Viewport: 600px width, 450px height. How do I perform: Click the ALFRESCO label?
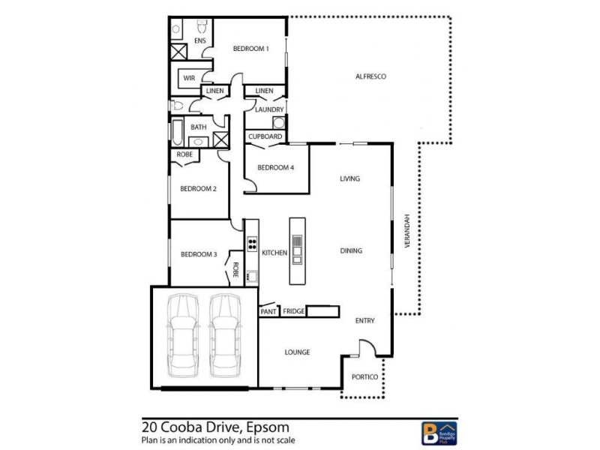(x=370, y=76)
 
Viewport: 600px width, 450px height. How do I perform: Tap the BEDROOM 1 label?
(x=250, y=49)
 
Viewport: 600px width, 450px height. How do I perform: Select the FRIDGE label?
(x=293, y=310)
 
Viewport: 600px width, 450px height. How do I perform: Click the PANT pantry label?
(x=268, y=310)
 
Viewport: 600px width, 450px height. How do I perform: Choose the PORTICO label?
(x=361, y=376)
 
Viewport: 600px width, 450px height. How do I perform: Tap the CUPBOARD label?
(x=265, y=136)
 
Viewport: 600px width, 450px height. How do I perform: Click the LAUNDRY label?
(x=268, y=109)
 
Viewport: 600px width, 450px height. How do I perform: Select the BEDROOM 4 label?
(x=275, y=167)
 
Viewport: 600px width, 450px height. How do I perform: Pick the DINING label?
(x=351, y=251)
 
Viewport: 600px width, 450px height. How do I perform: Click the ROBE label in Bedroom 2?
(x=184, y=154)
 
